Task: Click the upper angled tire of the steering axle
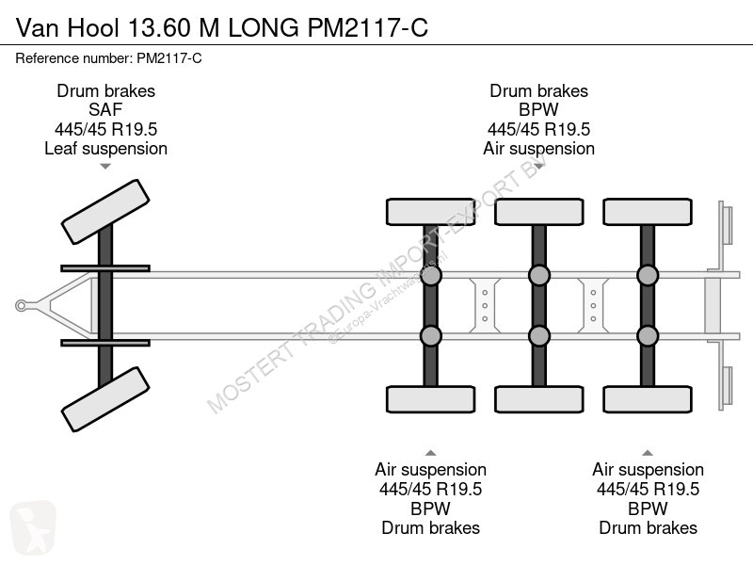coord(105,212)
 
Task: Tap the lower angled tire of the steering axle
coord(105,399)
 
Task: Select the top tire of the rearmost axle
coord(648,212)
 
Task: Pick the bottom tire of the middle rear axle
coord(538,399)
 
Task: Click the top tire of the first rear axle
coord(431,212)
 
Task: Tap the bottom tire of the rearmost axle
coord(648,399)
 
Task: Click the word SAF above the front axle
coord(105,110)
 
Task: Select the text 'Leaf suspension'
coord(105,149)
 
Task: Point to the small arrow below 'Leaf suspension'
coord(105,167)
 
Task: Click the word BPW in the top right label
coord(538,110)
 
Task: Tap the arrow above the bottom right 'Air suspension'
coord(648,453)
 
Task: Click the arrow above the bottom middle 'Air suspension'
coord(431,453)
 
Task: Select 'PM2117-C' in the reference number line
coord(169,58)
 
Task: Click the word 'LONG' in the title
coord(264,27)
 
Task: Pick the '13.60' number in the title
coord(159,27)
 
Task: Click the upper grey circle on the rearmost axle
coord(648,275)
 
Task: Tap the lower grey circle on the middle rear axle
coord(538,336)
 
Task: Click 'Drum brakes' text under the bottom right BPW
coord(648,528)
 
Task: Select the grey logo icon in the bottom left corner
coord(33,527)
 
